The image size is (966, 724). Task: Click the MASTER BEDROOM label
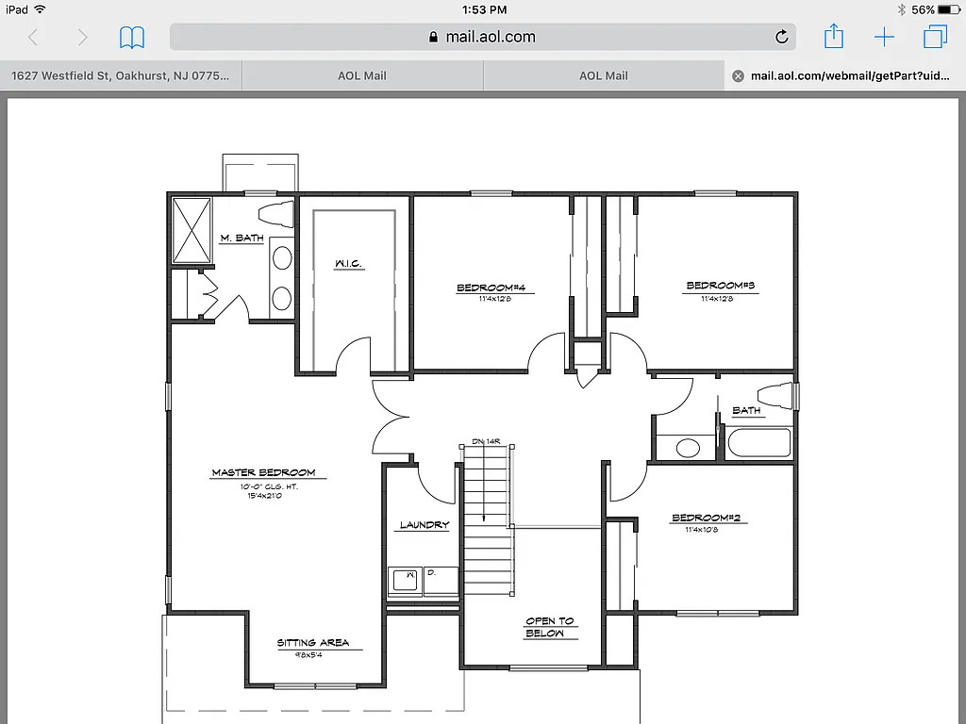click(x=263, y=472)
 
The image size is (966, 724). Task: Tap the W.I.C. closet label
click(x=348, y=264)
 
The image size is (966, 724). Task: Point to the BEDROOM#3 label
click(x=721, y=286)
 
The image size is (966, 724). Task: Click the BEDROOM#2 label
click(x=707, y=518)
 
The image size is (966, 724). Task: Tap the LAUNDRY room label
click(x=425, y=525)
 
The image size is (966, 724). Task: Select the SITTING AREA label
click(x=313, y=643)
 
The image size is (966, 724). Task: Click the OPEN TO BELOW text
click(x=549, y=627)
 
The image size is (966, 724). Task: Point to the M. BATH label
click(x=241, y=239)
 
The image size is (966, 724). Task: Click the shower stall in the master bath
click(x=191, y=231)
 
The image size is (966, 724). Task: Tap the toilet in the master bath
click(x=277, y=212)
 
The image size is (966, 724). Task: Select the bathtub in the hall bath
click(x=758, y=444)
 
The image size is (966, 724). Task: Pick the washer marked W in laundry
click(x=407, y=582)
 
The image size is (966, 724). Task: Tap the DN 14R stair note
click(x=485, y=441)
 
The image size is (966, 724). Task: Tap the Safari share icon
click(x=834, y=37)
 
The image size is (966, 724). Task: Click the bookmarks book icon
click(x=132, y=38)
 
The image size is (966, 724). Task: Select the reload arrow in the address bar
click(x=781, y=38)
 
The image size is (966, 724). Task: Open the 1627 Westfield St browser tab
click(x=121, y=76)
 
